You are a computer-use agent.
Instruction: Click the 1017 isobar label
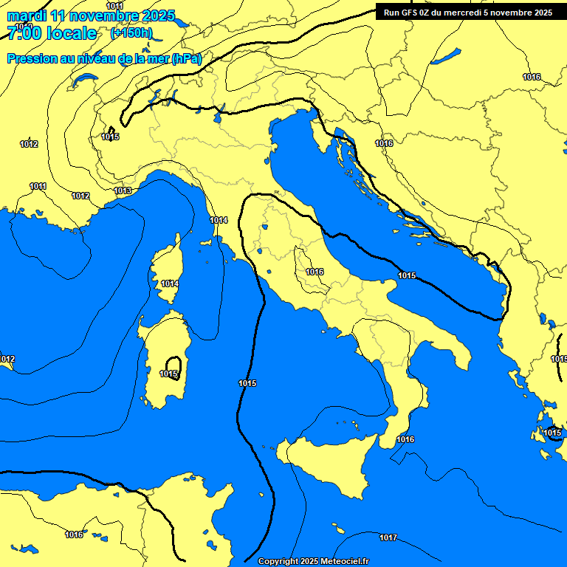point(388,537)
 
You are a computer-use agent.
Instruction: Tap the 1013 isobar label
point(123,190)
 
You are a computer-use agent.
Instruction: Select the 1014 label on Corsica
point(170,283)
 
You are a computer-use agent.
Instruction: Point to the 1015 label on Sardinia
point(169,374)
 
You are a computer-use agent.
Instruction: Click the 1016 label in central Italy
point(315,272)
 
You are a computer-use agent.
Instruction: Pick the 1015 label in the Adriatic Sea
point(407,275)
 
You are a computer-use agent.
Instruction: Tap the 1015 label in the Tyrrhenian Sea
point(247,382)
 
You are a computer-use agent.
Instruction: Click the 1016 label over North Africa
point(74,535)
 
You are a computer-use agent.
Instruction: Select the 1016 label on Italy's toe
point(405,439)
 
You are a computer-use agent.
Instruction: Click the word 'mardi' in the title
point(27,16)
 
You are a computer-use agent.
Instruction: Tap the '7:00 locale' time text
point(52,33)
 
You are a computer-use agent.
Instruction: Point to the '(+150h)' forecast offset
point(131,33)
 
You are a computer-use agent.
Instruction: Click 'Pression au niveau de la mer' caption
point(89,58)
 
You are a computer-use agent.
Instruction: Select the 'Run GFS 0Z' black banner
point(467,13)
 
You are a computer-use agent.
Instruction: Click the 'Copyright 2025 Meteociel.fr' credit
point(313,561)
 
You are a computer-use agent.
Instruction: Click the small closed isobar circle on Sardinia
point(173,365)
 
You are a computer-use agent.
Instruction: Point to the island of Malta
point(339,530)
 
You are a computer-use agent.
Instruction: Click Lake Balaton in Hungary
point(447,56)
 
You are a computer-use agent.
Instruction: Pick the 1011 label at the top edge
point(115,6)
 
